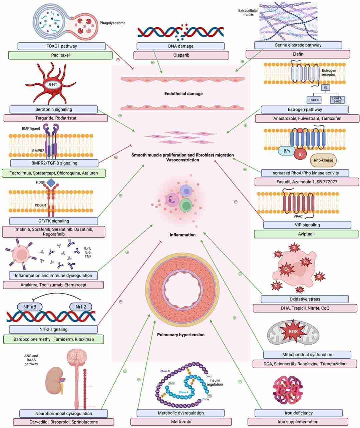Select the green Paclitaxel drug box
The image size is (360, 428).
[x=60, y=55]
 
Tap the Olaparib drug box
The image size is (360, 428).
[x=181, y=55]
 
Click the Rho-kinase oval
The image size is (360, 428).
[x=323, y=160]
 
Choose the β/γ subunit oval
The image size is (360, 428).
[x=287, y=151]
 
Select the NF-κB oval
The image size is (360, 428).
[x=30, y=306]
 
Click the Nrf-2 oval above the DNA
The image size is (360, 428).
[x=80, y=306]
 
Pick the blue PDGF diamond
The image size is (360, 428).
[x=51, y=182]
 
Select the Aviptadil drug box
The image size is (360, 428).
[x=306, y=234]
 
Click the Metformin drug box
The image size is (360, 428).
[x=181, y=422]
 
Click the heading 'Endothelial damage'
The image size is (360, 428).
[x=183, y=94]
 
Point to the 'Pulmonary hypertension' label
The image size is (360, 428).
[x=181, y=335]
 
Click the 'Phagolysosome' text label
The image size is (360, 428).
[x=112, y=23]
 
